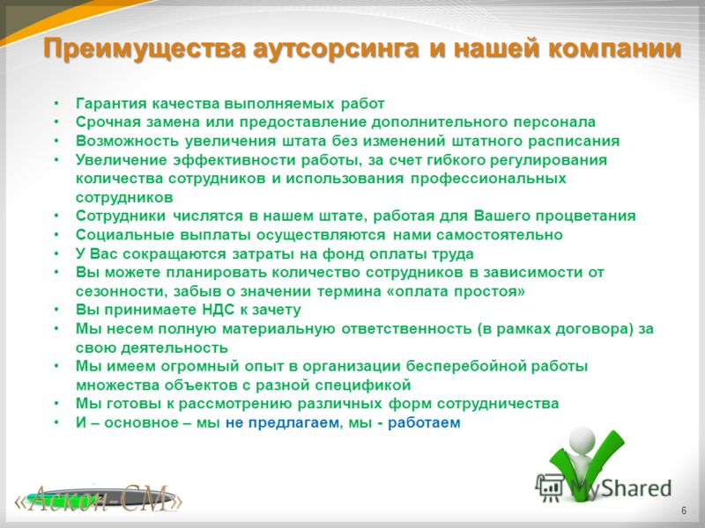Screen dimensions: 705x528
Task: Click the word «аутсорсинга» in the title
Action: [336, 49]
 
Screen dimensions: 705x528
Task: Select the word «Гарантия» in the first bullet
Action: [111, 104]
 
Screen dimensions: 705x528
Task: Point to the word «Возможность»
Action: [127, 141]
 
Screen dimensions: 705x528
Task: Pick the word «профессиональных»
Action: [488, 179]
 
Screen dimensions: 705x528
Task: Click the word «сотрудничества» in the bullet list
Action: [498, 404]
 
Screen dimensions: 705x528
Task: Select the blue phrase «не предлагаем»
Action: [282, 423]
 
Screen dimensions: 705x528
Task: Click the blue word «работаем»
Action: [424, 423]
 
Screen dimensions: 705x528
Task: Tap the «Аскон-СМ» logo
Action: [98, 498]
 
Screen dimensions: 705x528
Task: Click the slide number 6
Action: [684, 511]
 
